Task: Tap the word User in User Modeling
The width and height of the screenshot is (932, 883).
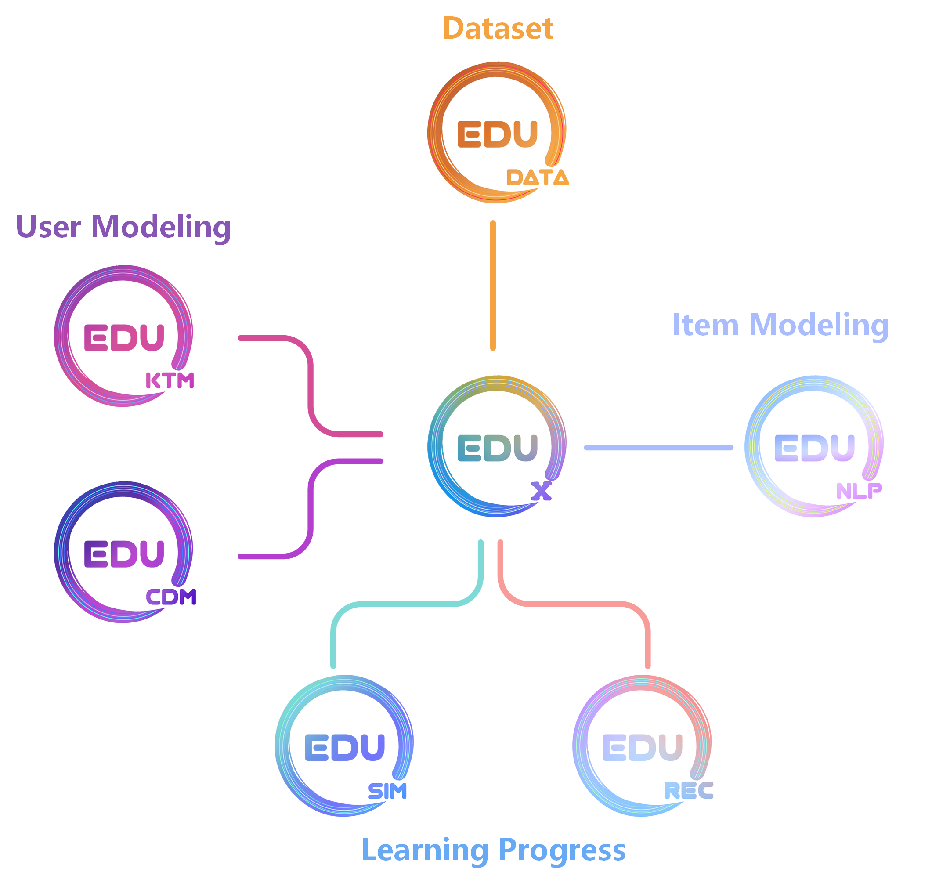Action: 49,227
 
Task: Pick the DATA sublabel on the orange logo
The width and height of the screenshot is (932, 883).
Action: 537,177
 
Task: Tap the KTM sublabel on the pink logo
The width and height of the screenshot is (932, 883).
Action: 170,380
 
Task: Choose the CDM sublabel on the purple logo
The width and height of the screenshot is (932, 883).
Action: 171,597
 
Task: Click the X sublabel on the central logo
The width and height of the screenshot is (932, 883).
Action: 541,492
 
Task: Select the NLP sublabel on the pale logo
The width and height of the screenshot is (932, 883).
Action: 859,491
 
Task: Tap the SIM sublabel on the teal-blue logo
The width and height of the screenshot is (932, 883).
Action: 387,791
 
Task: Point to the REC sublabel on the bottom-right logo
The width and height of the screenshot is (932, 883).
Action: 688,791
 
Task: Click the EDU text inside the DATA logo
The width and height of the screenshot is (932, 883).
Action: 497,134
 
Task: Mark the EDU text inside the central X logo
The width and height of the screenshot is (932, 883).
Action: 497,448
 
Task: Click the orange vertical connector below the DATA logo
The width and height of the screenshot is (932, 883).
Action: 493,285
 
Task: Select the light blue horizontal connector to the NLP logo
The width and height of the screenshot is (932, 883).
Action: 658,447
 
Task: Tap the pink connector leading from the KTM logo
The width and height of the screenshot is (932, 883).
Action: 311,386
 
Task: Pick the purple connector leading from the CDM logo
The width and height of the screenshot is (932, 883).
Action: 311,508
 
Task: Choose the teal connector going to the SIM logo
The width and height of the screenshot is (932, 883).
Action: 405,604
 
